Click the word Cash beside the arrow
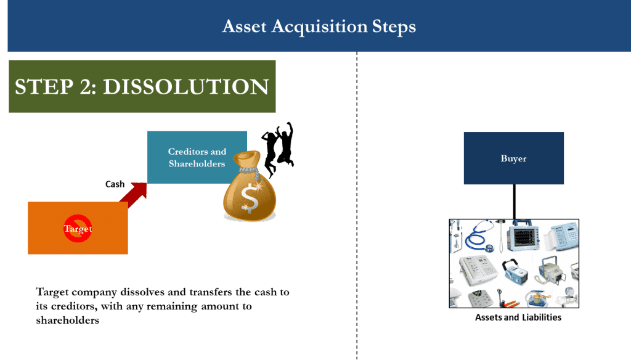pyautogui.click(x=115, y=184)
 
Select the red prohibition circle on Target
pyautogui.click(x=78, y=229)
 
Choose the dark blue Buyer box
pyautogui.click(x=513, y=158)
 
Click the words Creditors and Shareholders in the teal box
pyautogui.click(x=197, y=157)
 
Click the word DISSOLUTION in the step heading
pyautogui.click(x=185, y=87)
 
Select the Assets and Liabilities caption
pyautogui.click(x=518, y=317)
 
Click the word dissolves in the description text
pyautogui.click(x=128, y=292)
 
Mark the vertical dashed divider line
pyautogui.click(x=357, y=203)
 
